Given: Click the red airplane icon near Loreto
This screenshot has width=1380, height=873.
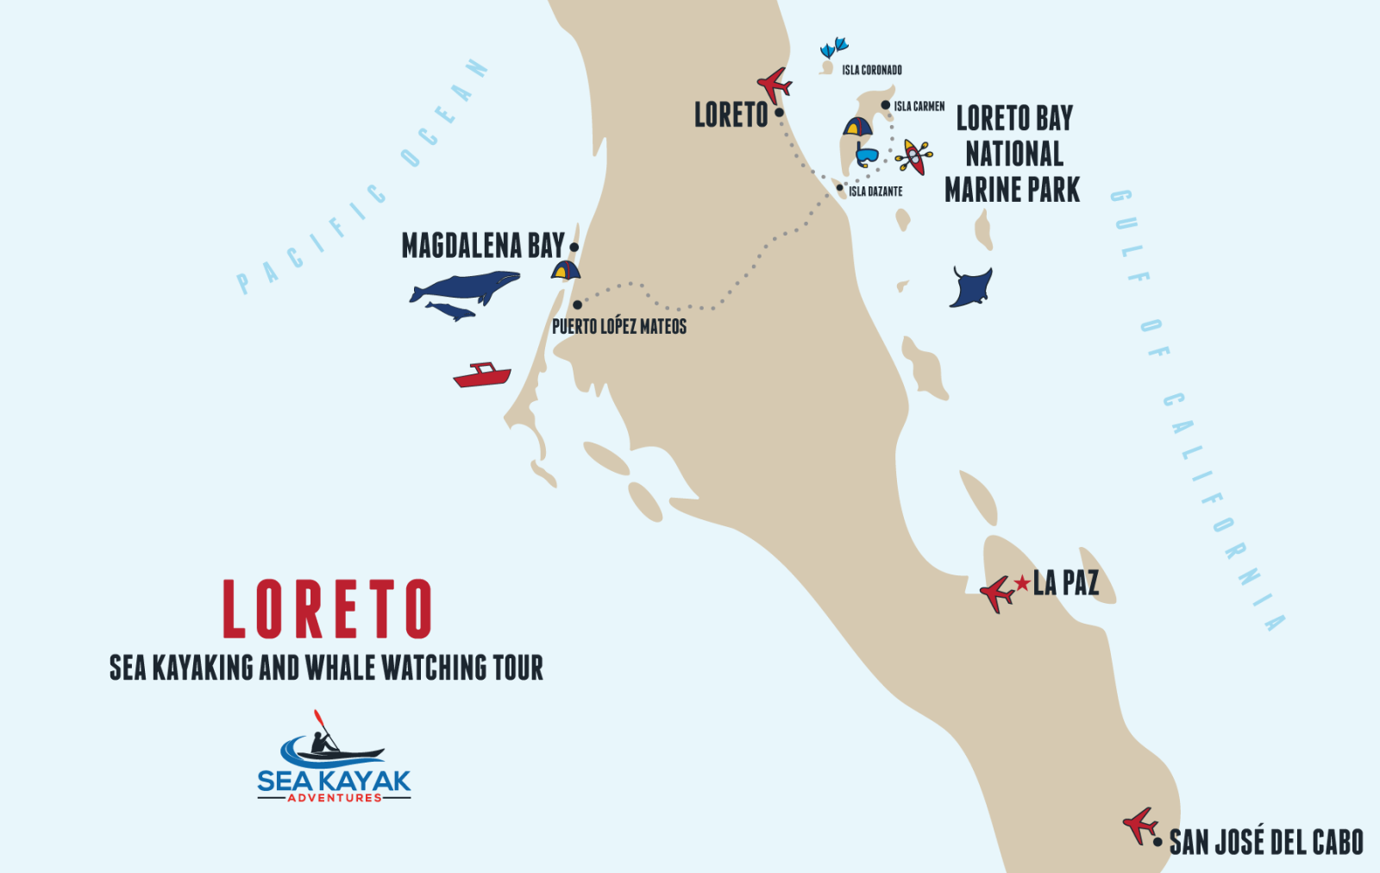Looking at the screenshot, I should (775, 85).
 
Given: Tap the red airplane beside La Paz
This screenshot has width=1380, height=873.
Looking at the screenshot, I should (997, 594).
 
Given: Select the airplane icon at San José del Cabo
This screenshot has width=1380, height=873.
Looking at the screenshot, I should (1140, 825).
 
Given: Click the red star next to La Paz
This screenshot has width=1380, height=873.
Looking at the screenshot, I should (1023, 584).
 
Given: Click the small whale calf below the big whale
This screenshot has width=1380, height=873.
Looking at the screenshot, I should (451, 311).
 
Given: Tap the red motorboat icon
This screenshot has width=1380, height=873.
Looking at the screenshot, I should (482, 375).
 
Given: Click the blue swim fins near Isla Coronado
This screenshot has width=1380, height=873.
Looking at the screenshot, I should (834, 47).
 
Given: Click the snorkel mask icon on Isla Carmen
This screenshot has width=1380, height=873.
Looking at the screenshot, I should (866, 156).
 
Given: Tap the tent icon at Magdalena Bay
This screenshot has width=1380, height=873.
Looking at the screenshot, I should (565, 270).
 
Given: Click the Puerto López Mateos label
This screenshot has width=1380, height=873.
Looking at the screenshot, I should (619, 326).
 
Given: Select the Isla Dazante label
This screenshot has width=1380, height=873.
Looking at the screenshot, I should (875, 192).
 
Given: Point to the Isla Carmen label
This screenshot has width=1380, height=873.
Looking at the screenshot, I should (919, 106).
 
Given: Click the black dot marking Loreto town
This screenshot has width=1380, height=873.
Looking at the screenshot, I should (779, 112).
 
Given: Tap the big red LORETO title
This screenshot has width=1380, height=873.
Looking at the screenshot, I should (327, 610).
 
